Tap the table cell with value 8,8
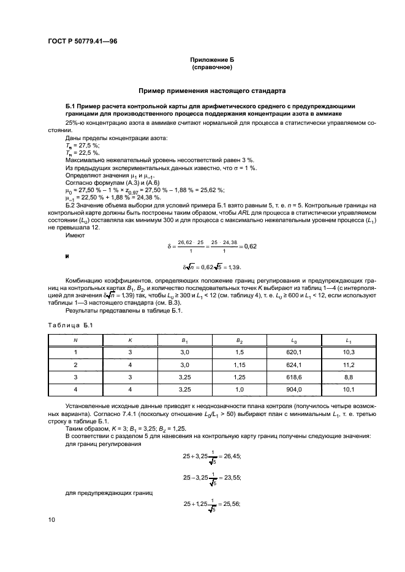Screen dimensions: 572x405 [x=348, y=377]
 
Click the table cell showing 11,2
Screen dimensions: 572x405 [x=348, y=365]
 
